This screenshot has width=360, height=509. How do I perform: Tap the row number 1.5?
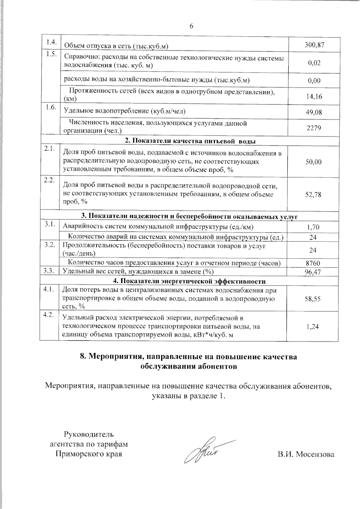coord(50,54)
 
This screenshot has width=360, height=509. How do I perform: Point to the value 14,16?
coord(314,97)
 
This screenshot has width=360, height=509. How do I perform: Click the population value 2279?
coord(314,128)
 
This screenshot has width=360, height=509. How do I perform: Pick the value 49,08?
coord(314,112)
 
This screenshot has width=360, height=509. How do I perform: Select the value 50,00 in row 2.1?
coord(313,162)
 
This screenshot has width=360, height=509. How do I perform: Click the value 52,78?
coord(313,195)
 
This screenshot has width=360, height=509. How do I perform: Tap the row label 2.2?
coord(49,180)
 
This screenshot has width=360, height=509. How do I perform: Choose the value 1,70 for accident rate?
coord(313,227)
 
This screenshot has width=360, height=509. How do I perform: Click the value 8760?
coord(313,263)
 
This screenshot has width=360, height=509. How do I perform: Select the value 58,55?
coord(313,299)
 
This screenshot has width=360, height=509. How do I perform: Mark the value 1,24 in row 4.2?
coord(313,327)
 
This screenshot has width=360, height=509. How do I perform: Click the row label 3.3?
coord(49,271)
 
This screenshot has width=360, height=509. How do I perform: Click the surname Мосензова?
coord(315,454)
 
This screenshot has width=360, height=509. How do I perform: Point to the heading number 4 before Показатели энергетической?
coord(115,281)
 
